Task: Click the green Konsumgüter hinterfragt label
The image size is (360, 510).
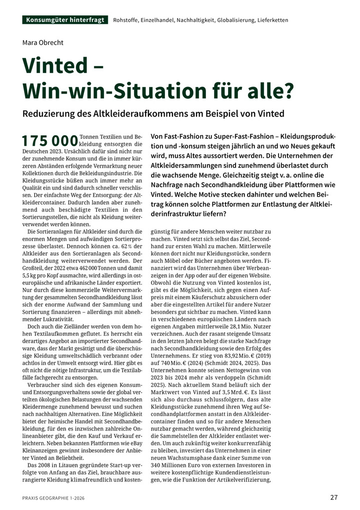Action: (65, 20)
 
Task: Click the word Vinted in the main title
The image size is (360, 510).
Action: (58, 67)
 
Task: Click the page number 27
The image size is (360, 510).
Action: (334, 497)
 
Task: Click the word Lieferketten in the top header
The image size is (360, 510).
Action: (272, 21)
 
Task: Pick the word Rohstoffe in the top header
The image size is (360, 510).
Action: (127, 21)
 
